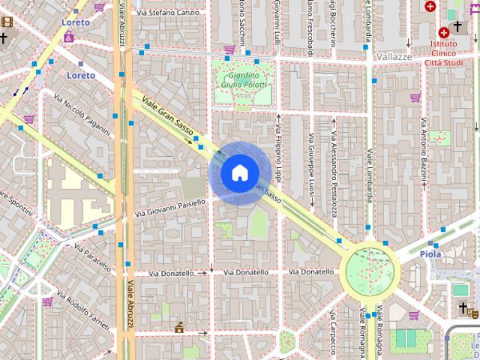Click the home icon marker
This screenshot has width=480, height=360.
[239, 173]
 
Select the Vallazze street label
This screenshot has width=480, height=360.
[394, 56]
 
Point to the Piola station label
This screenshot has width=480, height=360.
[430, 253]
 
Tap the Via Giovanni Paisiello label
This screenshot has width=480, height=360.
[169, 208]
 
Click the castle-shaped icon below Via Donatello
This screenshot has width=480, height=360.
[179, 328]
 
